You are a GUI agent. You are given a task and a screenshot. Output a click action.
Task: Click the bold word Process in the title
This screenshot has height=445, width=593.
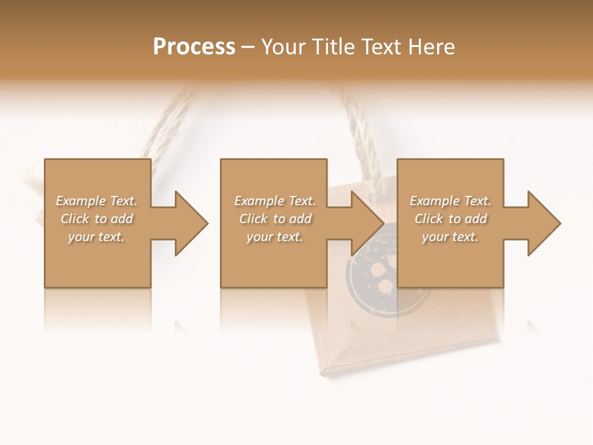[x=194, y=47]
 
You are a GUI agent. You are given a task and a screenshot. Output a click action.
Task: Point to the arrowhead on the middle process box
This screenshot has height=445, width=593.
[x=366, y=223]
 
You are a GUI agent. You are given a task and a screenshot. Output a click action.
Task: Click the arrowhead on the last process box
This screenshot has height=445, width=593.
[x=543, y=223]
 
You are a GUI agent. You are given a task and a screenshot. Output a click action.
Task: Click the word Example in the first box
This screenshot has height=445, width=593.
[x=80, y=201]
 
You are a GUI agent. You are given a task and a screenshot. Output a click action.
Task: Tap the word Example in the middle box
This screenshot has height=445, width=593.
[x=259, y=201]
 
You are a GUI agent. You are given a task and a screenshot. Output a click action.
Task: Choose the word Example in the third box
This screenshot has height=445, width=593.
[x=434, y=201]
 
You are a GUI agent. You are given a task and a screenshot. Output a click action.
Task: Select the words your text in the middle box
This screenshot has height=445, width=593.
[x=274, y=237]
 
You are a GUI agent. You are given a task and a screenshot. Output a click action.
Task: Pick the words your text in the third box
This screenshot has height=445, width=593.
[x=450, y=237]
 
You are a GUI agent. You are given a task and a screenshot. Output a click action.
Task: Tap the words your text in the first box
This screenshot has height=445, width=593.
[x=96, y=237]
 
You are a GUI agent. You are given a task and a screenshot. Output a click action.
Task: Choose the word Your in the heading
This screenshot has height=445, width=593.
[x=282, y=47]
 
